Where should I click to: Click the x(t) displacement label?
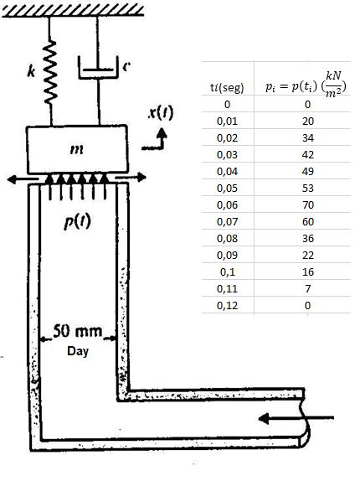coord(160,112)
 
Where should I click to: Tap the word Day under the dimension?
coord(78,350)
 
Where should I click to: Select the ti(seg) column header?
coord(227,88)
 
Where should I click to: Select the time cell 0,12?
coord(227,306)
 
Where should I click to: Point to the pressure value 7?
coord(307,289)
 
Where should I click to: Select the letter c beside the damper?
coord(126,65)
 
